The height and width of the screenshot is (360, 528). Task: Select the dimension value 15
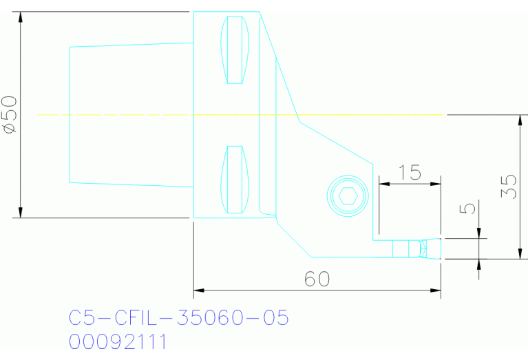[x=410, y=172]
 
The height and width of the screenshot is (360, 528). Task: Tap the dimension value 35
[x=509, y=186]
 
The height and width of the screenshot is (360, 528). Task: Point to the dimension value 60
[x=317, y=279]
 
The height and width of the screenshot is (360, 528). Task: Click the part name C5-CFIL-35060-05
[x=178, y=317]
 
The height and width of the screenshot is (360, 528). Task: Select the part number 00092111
[x=118, y=341]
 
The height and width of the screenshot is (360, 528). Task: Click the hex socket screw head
[x=346, y=195]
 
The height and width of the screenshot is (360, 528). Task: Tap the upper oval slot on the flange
[x=234, y=50]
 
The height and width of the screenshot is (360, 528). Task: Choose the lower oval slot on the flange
[x=234, y=180]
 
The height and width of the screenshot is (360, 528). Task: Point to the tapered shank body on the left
[x=131, y=114]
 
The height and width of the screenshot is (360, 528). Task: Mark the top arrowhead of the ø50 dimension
[x=21, y=17]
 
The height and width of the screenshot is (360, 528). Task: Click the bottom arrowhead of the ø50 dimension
[x=21, y=213]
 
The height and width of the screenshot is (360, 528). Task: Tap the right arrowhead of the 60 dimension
[x=436, y=290]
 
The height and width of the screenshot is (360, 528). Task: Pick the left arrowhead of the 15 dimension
[x=383, y=183]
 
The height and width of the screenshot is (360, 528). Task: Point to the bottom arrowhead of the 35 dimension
[x=520, y=254]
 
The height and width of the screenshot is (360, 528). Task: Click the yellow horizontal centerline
[x=241, y=114]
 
